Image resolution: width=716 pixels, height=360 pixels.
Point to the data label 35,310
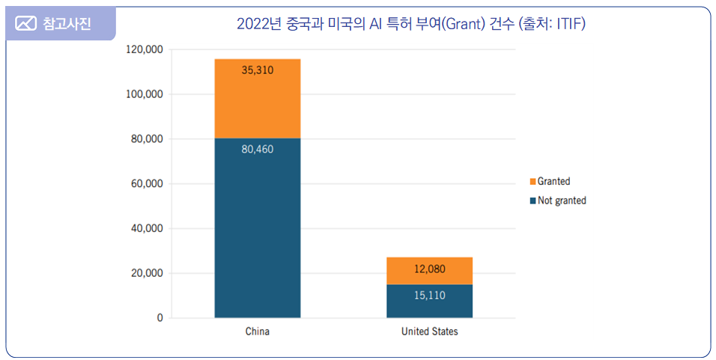tap(257, 70)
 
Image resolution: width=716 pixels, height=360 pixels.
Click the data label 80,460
tap(257, 149)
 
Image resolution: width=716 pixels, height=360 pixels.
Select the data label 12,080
tap(429, 269)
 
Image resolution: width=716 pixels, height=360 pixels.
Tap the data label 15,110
tap(429, 295)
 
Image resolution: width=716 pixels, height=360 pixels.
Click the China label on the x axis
tap(257, 332)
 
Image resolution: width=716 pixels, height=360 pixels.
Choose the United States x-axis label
tap(429, 332)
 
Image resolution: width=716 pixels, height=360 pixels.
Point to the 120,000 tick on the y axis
tap(144, 49)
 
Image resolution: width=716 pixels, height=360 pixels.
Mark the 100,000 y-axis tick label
tap(144, 94)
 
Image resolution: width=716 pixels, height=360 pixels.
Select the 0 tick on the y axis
tap(160, 317)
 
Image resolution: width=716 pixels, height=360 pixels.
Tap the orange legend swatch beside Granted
tap(533, 181)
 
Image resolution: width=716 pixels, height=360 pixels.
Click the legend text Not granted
tap(562, 201)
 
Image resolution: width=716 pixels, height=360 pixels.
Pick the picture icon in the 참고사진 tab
tap(25, 24)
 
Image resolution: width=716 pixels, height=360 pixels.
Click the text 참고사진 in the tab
tap(67, 24)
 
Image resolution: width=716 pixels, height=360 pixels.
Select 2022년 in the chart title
tap(258, 24)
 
